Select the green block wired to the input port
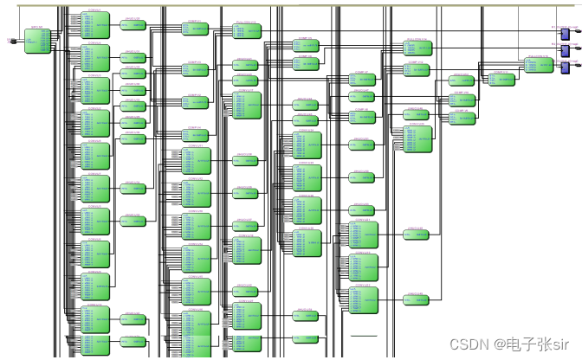click(37, 40)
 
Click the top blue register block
click(566, 34)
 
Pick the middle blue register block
click(566, 50)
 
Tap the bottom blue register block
click(566, 67)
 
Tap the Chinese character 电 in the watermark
click(512, 344)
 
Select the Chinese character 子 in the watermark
click(527, 344)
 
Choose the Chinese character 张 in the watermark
click(544, 344)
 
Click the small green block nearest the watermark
click(417, 299)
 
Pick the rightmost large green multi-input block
click(417, 138)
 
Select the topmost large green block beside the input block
click(95, 26)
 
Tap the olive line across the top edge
click(291, 5)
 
